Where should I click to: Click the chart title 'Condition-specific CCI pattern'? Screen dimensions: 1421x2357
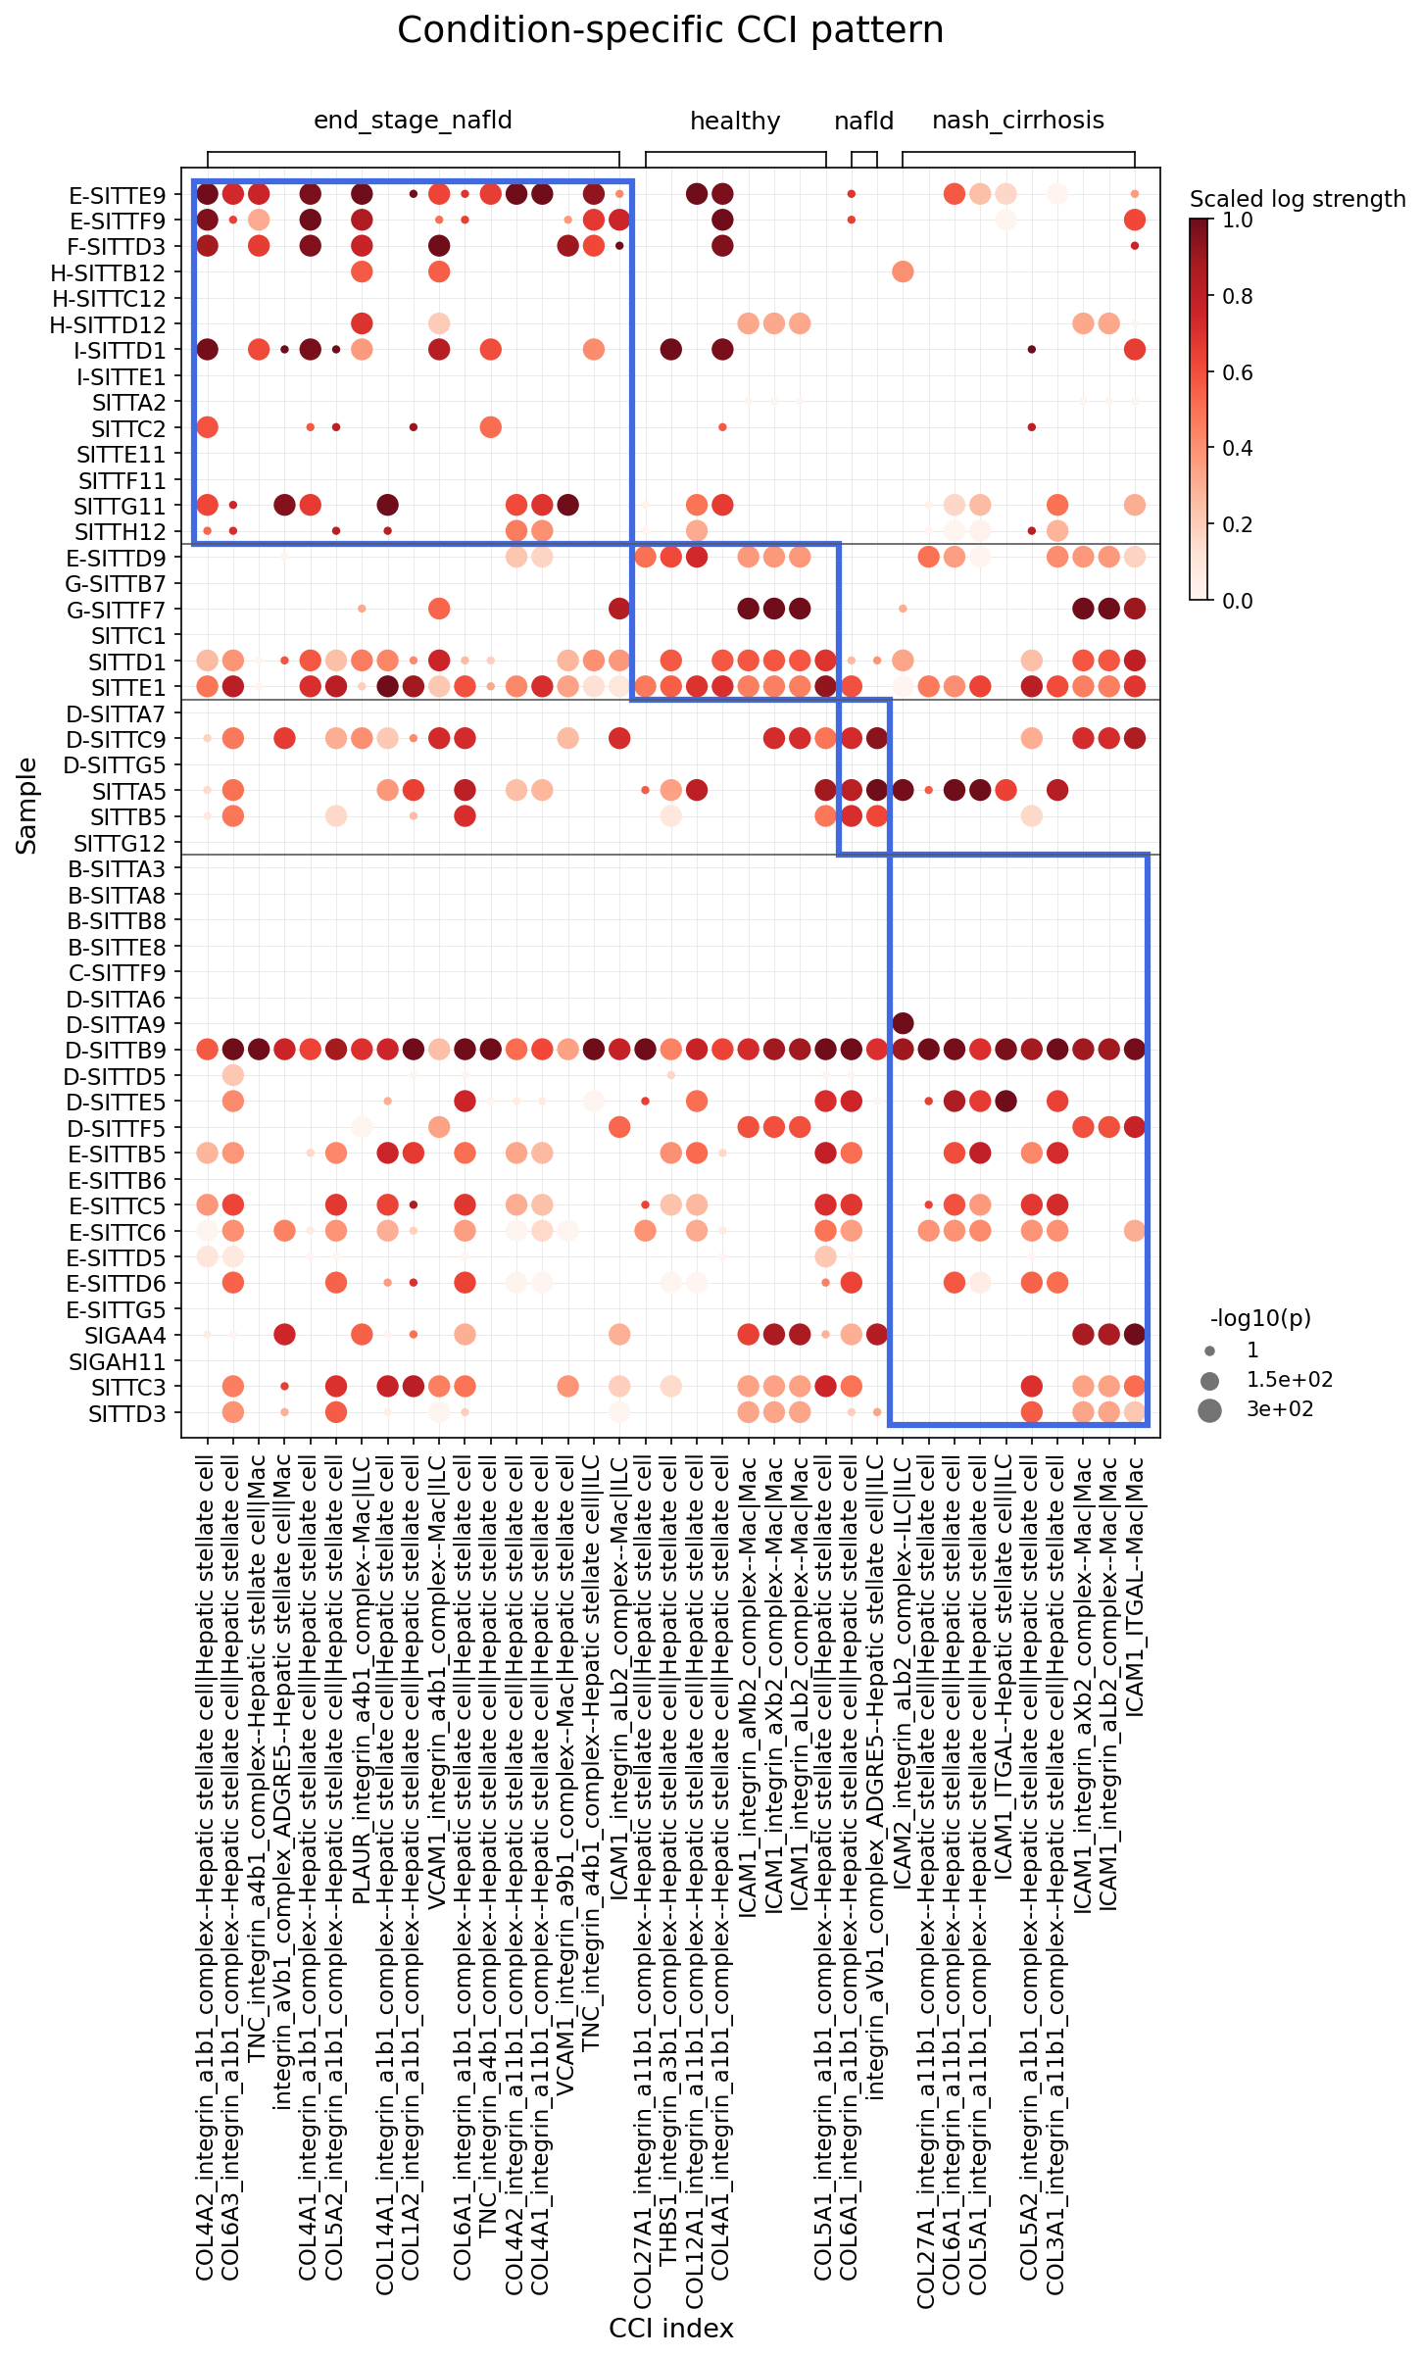point(670,30)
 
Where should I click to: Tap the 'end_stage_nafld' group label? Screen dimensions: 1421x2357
point(413,121)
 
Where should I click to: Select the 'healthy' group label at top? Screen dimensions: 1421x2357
point(735,122)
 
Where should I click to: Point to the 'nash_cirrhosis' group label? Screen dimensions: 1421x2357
point(1018,121)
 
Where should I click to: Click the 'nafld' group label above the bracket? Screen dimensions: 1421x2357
point(863,122)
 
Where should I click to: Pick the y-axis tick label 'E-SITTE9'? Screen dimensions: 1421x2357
point(118,195)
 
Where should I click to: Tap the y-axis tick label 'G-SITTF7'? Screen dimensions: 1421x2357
point(117,610)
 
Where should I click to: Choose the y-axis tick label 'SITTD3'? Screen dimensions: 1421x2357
point(127,1413)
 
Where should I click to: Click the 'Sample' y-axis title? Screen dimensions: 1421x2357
point(26,806)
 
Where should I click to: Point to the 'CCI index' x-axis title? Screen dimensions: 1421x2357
point(670,2329)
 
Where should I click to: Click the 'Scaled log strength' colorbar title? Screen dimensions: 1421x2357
point(1298,199)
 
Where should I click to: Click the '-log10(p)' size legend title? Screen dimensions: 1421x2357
point(1260,1318)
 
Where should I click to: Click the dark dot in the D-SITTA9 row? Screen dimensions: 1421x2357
point(903,1024)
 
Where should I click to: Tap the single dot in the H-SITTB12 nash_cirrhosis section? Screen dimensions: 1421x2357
point(903,271)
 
